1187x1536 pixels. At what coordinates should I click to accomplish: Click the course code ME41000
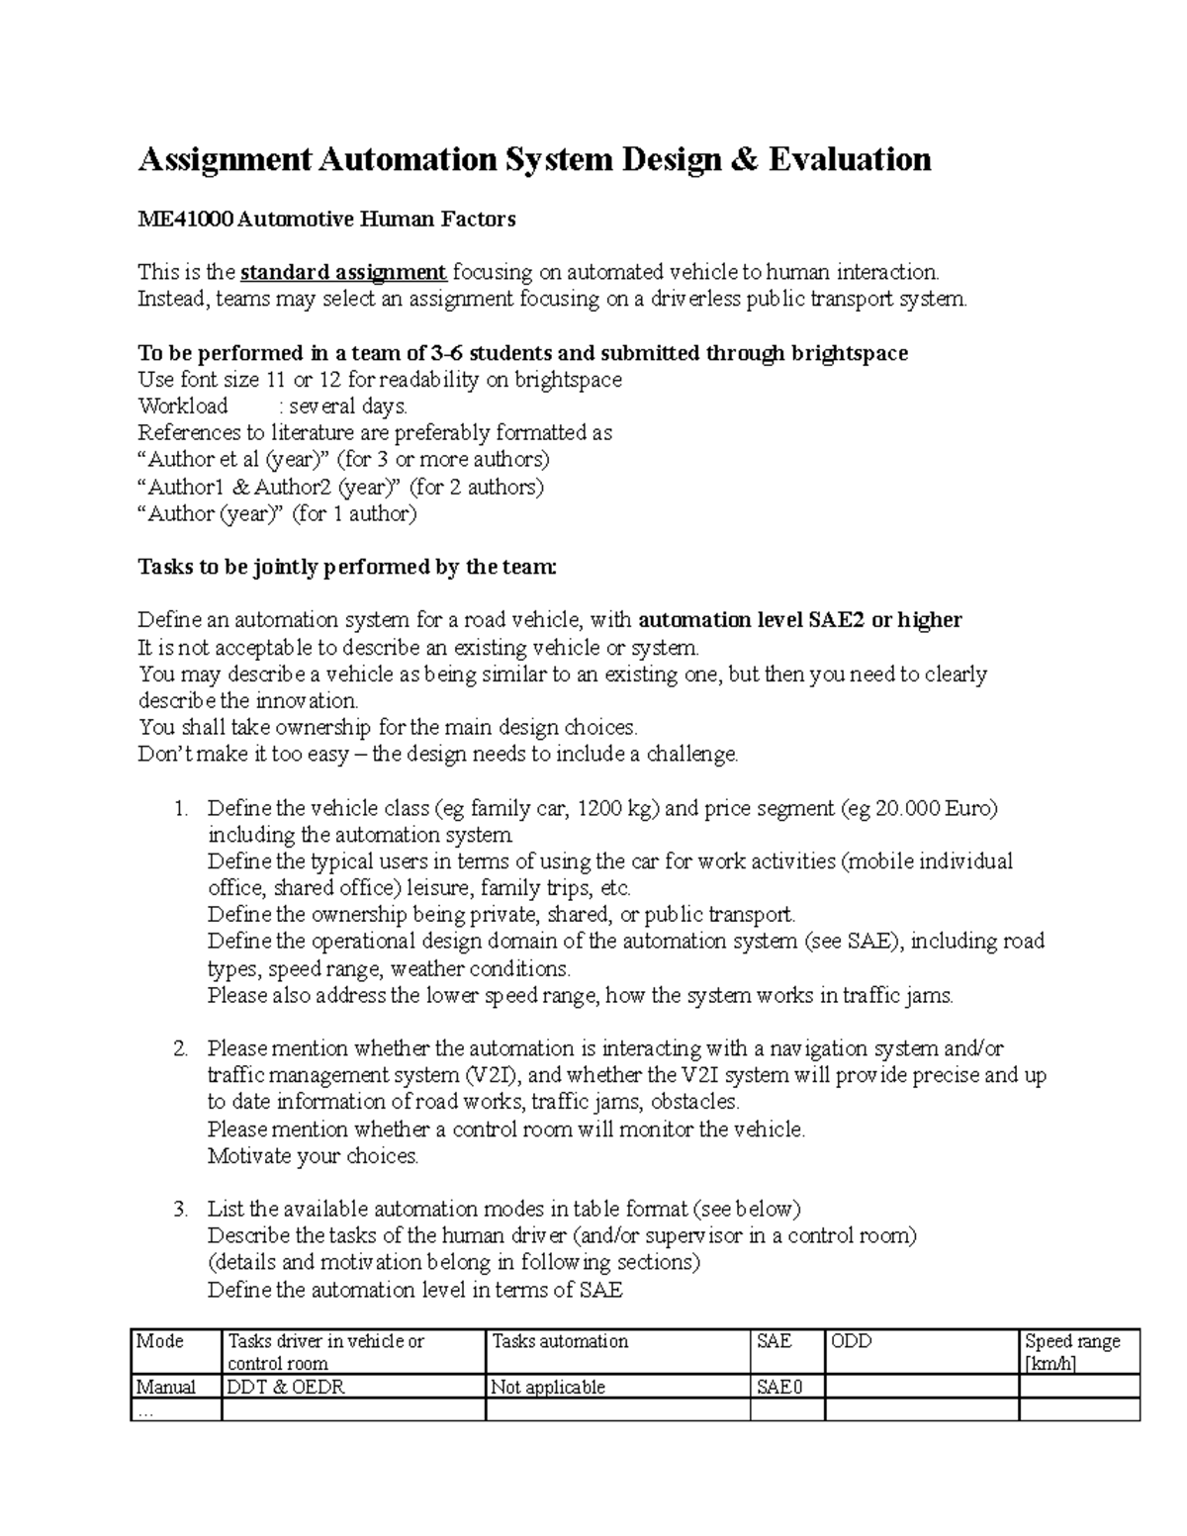click(185, 220)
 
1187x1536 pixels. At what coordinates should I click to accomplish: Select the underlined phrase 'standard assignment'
click(343, 272)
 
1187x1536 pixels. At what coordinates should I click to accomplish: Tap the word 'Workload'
click(183, 407)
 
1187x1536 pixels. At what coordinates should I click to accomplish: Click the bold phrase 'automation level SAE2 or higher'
click(800, 621)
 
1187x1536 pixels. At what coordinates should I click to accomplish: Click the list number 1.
click(179, 809)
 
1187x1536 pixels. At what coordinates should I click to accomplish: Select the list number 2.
click(179, 1048)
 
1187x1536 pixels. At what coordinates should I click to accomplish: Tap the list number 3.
click(179, 1209)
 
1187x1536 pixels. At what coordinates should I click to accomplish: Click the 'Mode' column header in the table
click(160, 1342)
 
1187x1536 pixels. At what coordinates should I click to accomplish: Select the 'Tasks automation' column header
click(560, 1342)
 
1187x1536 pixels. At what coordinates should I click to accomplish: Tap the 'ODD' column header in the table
click(852, 1342)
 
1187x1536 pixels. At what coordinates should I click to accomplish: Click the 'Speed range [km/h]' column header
click(1072, 1352)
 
